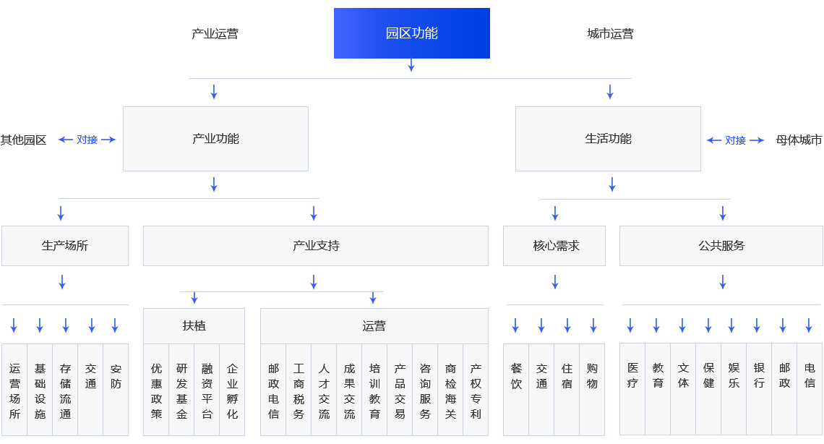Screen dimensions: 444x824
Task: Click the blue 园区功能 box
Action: [411, 33]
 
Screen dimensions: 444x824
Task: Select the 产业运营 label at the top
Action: [215, 34]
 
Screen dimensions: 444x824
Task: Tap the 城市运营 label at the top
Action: [610, 34]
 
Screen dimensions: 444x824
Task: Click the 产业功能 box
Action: [215, 139]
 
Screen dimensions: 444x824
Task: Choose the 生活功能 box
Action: [608, 139]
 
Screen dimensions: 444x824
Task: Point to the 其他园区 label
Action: [23, 140]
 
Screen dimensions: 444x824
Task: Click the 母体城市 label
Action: [799, 140]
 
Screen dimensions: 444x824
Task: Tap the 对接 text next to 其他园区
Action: [87, 140]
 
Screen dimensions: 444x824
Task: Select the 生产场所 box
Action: [64, 246]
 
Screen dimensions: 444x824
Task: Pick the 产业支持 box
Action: [315, 246]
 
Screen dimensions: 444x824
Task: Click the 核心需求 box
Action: [554, 246]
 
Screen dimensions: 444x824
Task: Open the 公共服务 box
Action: [721, 246]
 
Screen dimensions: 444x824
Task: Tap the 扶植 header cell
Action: [194, 326]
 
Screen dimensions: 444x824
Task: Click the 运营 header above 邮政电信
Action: [374, 326]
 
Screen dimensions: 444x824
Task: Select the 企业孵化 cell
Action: [232, 390]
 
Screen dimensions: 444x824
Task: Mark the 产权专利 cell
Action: [476, 390]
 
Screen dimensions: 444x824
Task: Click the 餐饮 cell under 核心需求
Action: [516, 376]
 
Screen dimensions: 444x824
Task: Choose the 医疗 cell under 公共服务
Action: [632, 375]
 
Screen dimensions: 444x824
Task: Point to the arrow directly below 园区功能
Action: [411, 65]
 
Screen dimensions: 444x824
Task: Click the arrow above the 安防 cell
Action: [115, 325]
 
